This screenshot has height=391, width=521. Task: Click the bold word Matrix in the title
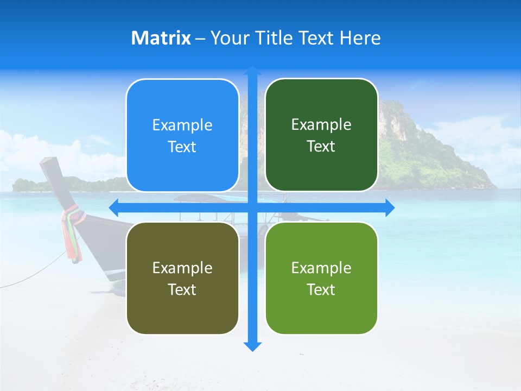coord(161,38)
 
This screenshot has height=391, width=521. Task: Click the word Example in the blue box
coord(182,125)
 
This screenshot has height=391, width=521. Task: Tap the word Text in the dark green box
coord(321,147)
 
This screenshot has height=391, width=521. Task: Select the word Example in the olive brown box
coord(182,268)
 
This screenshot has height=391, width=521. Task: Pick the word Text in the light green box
coord(321,289)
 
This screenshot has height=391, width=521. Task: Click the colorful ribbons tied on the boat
coord(71,234)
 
